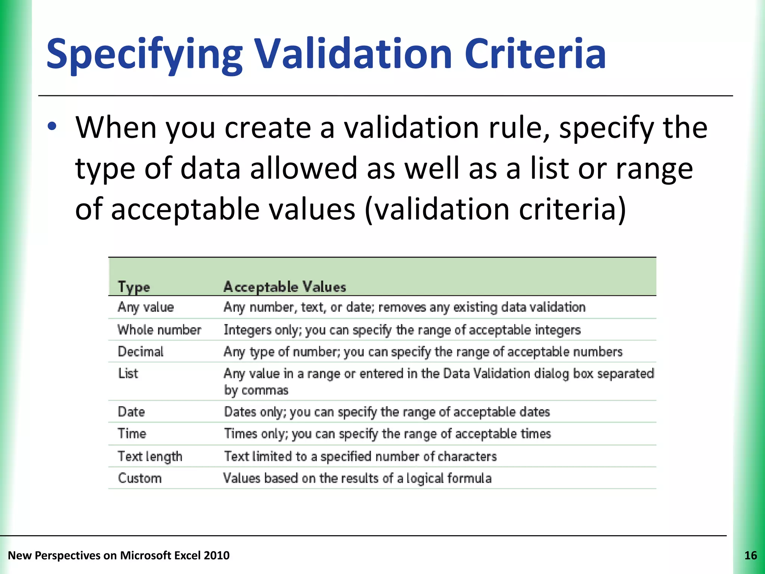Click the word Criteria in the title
[x=535, y=54]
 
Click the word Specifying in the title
[x=144, y=54]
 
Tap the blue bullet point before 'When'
[x=52, y=126]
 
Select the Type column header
[x=134, y=287]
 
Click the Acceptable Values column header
[x=285, y=287]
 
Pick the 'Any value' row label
[x=146, y=307]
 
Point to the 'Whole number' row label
[x=159, y=330]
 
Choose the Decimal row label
[x=140, y=352]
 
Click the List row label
[x=128, y=373]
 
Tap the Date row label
[x=131, y=412]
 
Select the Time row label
[x=132, y=433]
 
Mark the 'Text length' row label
[x=150, y=456]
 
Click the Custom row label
[x=140, y=478]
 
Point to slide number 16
[x=750, y=556]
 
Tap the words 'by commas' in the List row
[x=256, y=391]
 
